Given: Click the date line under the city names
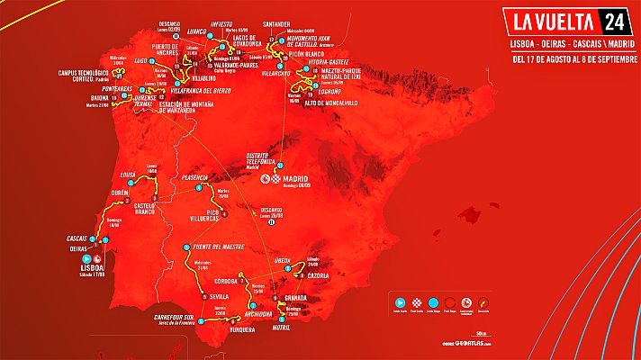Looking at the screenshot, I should click(568, 60).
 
